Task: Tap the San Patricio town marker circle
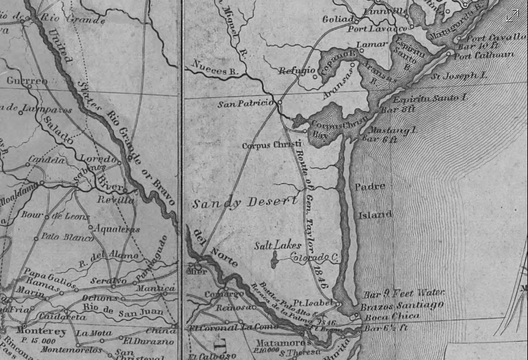(x=278, y=103)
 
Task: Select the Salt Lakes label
(x=278, y=245)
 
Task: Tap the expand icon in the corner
(x=512, y=16)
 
